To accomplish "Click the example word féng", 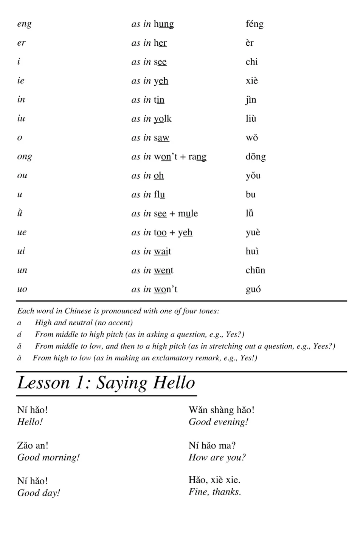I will (x=254, y=24).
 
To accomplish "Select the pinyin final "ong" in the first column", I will (x=25, y=157).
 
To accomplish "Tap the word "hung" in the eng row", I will (x=164, y=24).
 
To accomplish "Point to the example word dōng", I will (x=256, y=157).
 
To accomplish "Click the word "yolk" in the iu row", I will (x=163, y=119).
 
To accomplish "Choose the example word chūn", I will (x=255, y=270).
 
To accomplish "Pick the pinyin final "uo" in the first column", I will (x=22, y=289).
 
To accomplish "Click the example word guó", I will (x=253, y=289).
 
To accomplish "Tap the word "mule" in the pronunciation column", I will (x=188, y=213).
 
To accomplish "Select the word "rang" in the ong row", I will (x=197, y=157).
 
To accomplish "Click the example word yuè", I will (x=253, y=232).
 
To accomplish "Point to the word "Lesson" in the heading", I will (x=43, y=383).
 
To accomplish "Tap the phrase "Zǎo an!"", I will (x=33, y=445).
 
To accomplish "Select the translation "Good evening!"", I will (x=218, y=422).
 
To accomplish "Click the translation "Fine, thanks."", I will (x=215, y=492).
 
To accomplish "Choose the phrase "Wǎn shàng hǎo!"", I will (x=221, y=410).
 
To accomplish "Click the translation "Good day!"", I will (x=39, y=493).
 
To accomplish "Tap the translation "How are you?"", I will (x=217, y=457).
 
